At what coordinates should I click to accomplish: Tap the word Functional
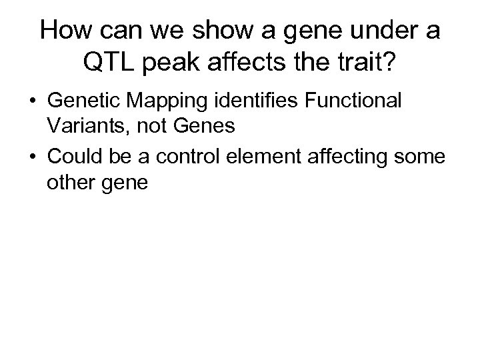(355, 102)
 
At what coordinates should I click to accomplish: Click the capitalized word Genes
(203, 126)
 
